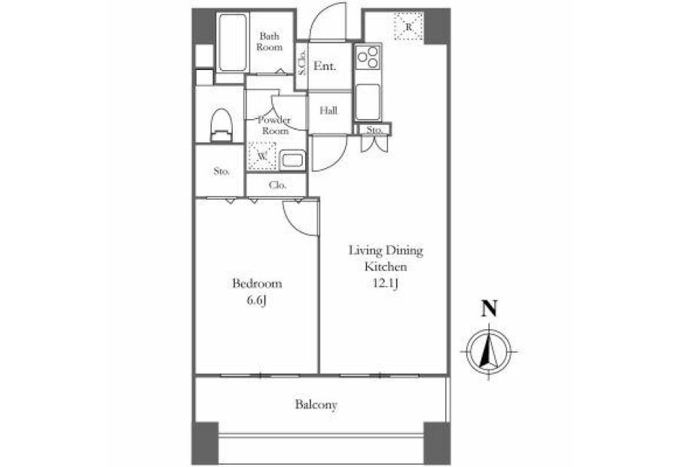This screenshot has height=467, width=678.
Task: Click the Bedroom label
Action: [x=257, y=284]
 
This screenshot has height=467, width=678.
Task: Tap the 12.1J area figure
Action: [x=385, y=284]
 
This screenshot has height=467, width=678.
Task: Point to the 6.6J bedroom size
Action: [x=256, y=301]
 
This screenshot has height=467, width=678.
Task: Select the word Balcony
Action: [x=316, y=404]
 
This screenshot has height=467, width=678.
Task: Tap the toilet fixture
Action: [x=221, y=125]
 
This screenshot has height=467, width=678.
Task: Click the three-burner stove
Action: [x=368, y=57]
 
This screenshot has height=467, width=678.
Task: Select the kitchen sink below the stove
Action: [x=368, y=102]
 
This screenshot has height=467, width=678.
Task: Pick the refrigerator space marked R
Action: [x=408, y=26]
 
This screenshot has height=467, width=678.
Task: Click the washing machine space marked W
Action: [x=261, y=156]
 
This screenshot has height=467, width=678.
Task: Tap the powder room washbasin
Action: [x=292, y=160]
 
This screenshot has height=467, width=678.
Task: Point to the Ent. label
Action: [x=325, y=66]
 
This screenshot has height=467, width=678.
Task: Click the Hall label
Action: [x=328, y=111]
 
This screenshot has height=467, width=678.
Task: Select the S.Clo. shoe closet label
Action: [x=302, y=63]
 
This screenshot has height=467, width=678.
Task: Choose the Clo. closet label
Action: [x=277, y=185]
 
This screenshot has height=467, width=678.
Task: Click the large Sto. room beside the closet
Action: [x=221, y=171]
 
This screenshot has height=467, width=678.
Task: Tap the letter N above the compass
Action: [x=490, y=308]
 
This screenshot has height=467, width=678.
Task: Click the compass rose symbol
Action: [x=489, y=352]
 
